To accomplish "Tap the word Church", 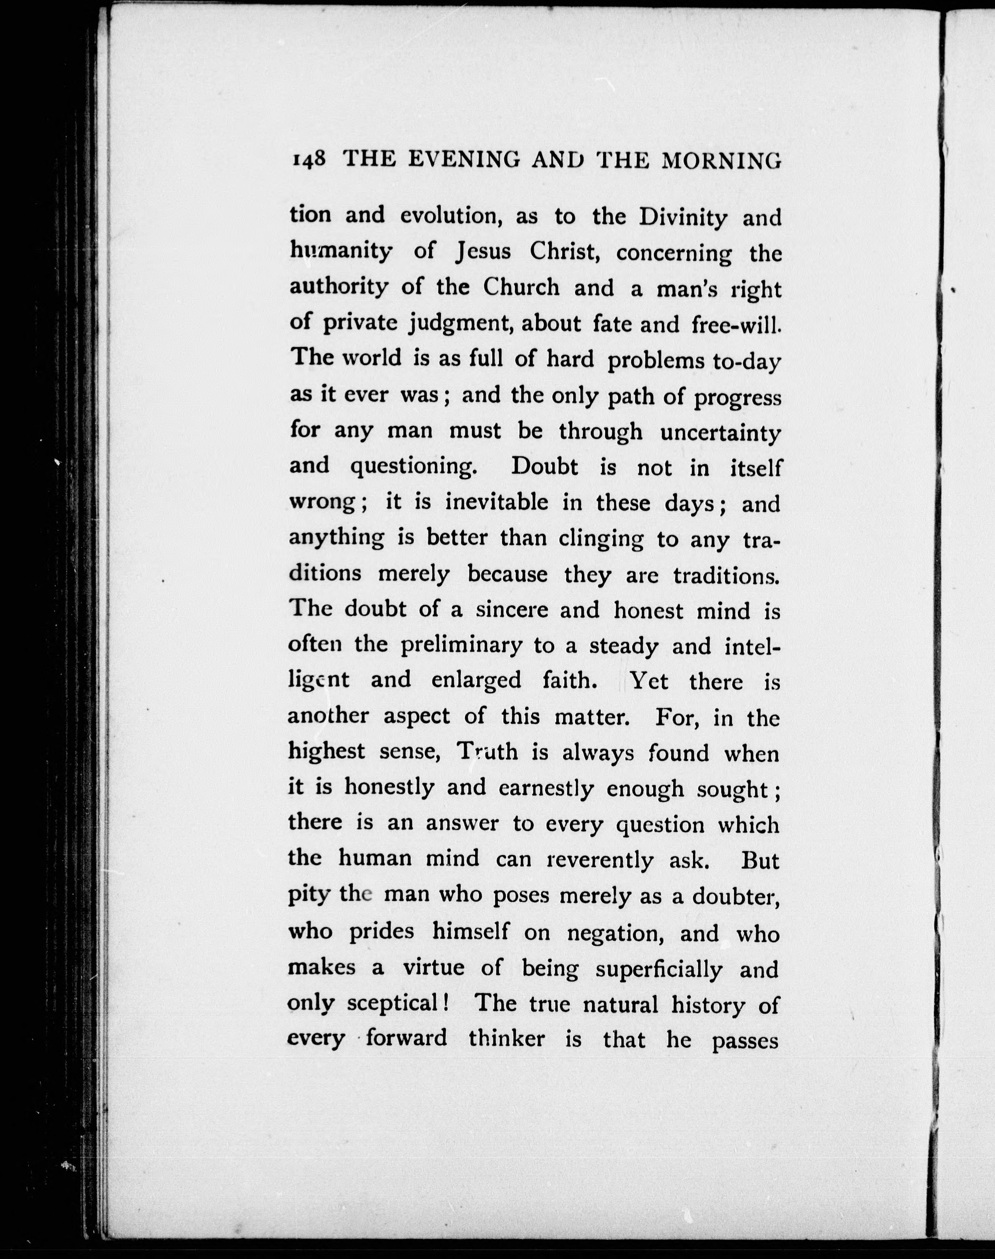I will click(x=521, y=287).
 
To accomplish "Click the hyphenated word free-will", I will click(x=736, y=324).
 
